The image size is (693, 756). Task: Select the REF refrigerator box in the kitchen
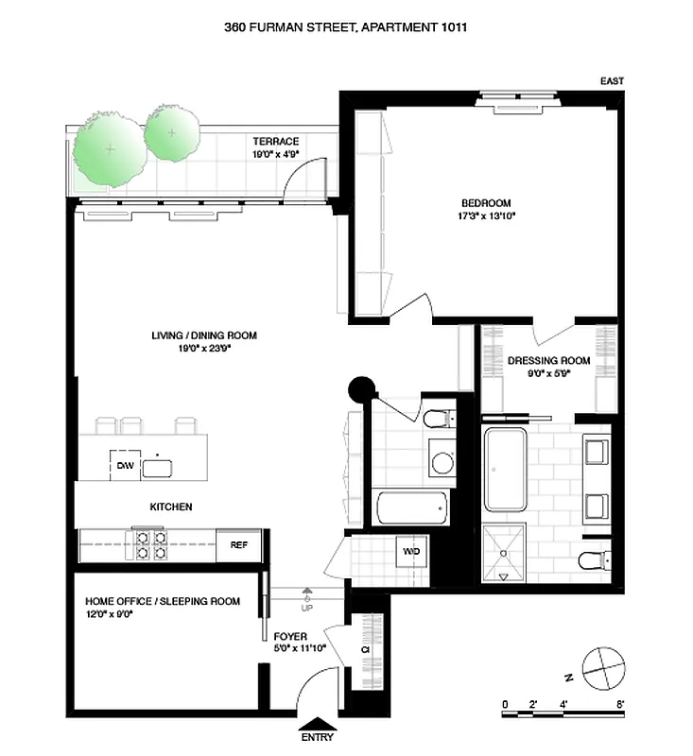(238, 544)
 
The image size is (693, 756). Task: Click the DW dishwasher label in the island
(125, 466)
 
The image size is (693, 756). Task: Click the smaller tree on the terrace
(172, 132)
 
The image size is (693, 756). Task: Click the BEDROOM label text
(486, 203)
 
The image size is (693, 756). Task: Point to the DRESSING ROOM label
(548, 361)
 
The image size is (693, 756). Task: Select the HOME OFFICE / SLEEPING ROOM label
(163, 601)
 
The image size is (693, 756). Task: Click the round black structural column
(362, 387)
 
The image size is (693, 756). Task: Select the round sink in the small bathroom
(442, 462)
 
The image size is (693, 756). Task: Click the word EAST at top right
(612, 82)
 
